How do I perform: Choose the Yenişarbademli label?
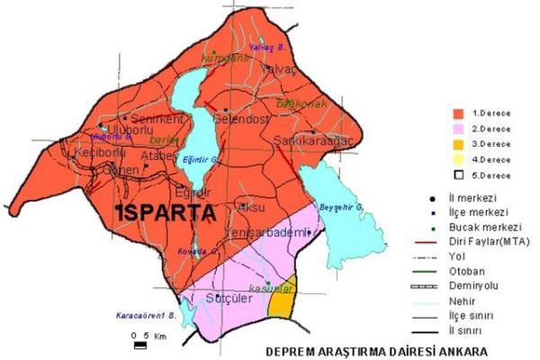[272, 234]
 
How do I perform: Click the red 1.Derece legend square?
[458, 114]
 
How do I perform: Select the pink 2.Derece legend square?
[458, 129]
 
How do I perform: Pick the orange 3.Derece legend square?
[458, 144]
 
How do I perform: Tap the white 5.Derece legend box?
[458, 174]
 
